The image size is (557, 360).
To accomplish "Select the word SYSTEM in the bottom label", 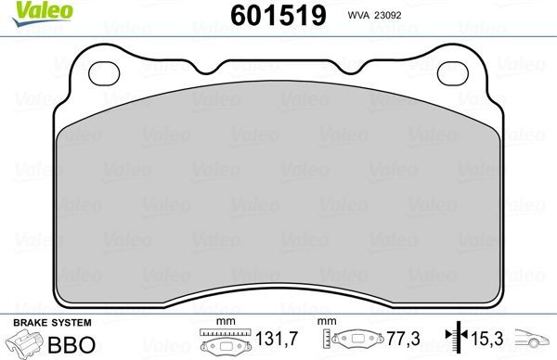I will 69,322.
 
